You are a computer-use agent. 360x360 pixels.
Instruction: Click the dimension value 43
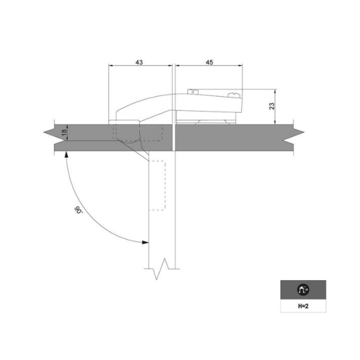(x=139, y=62)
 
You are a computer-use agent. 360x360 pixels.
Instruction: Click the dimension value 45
(x=209, y=62)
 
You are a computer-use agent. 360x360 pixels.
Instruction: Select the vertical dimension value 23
(x=272, y=106)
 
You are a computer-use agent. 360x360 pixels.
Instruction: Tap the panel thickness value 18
(x=64, y=132)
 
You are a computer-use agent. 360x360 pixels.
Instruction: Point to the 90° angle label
(x=78, y=210)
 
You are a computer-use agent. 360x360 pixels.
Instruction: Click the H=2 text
(x=303, y=306)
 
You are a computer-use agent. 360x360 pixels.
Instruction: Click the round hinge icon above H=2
(x=303, y=290)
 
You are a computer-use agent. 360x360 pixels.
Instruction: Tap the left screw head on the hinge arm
(x=193, y=91)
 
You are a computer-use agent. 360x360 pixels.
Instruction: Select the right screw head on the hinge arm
(x=234, y=95)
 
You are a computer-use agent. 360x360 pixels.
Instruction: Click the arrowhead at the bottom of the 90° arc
(x=145, y=242)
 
